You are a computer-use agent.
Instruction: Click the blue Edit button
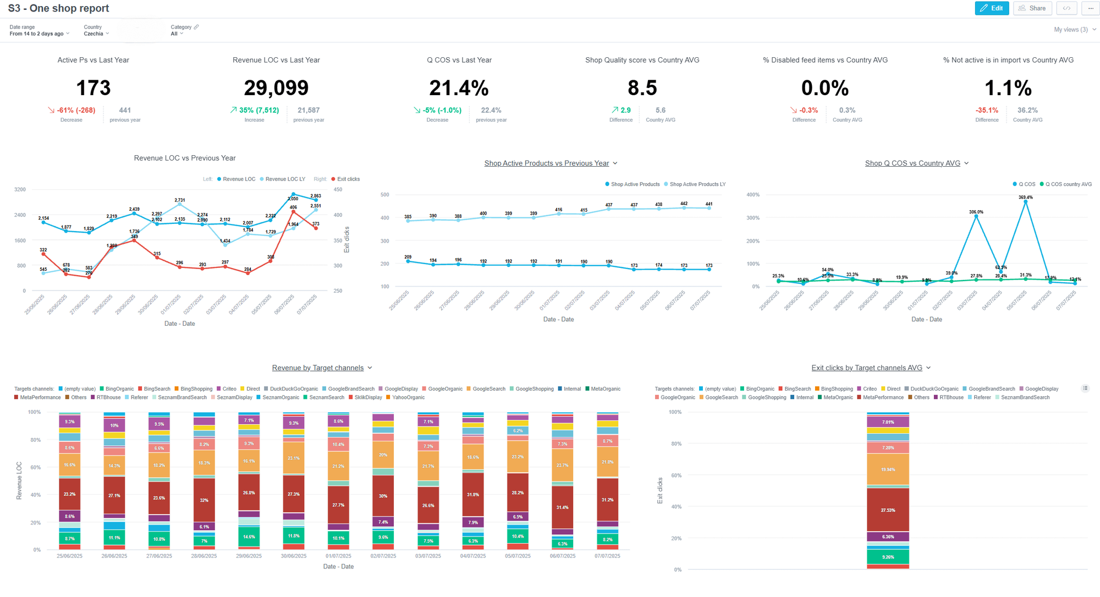(992, 8)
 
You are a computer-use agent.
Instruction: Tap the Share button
(1032, 8)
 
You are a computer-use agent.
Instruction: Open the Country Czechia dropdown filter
(96, 34)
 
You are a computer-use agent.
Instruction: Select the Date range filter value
(39, 34)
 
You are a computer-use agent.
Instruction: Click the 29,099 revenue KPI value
(276, 88)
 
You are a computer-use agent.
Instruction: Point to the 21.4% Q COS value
(459, 88)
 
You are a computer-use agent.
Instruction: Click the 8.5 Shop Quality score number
(642, 88)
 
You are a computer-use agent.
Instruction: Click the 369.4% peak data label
(1025, 197)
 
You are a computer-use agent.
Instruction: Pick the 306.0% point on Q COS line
(976, 217)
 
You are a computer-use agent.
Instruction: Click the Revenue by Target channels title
(318, 368)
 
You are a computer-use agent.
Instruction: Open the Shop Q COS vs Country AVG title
(912, 163)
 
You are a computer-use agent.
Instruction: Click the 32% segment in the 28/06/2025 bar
(204, 500)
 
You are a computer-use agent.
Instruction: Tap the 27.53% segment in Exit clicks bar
(888, 510)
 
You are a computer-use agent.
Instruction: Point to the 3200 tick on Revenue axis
(20, 189)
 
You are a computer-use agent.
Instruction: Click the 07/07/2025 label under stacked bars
(607, 556)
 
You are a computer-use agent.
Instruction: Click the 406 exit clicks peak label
(293, 207)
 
